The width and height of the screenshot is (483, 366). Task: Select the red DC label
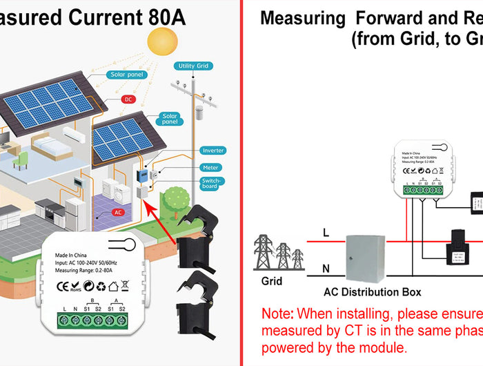tap(128, 99)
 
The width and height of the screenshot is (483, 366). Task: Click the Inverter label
tap(213, 151)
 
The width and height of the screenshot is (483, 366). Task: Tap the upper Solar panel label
tap(126, 75)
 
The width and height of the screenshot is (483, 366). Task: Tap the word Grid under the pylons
tap(272, 281)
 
